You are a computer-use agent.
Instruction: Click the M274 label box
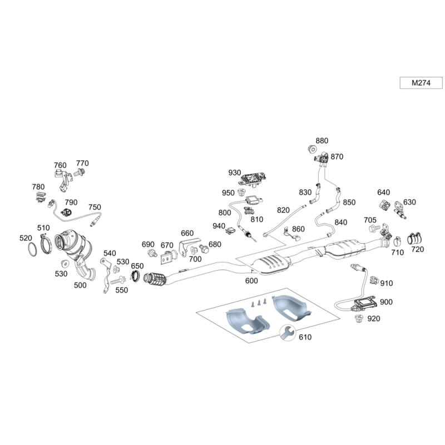[421, 83]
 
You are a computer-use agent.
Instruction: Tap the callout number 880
[322, 141]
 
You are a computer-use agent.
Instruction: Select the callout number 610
[305, 337]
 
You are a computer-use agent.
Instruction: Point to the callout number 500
[80, 285]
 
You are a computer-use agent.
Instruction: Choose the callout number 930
[234, 172]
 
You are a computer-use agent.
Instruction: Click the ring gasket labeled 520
[34, 248]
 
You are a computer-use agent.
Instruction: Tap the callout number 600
[251, 281]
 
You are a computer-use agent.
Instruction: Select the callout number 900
[386, 301]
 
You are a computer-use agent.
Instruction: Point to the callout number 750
[95, 207]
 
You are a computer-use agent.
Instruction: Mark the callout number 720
[417, 250]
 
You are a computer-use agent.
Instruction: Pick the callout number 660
[187, 233]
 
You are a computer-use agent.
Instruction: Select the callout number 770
[82, 163]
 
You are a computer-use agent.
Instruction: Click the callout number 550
[121, 290]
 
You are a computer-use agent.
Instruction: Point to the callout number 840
[340, 222]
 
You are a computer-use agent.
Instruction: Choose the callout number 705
[370, 220]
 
